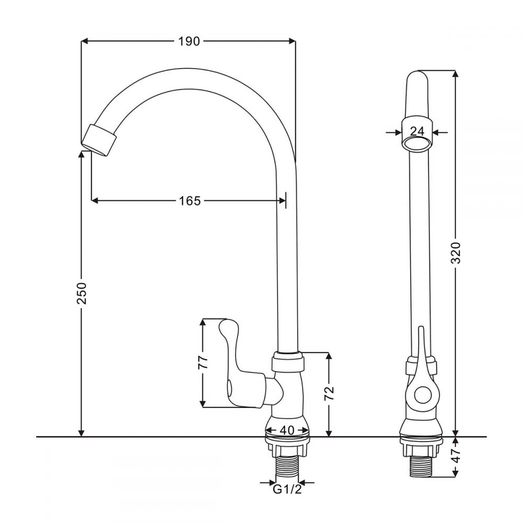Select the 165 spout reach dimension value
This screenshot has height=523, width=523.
pyautogui.click(x=189, y=200)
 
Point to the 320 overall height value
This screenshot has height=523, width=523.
pyautogui.click(x=456, y=252)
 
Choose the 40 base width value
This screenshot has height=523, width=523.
pyautogui.click(x=286, y=430)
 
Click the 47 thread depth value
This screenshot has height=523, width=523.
pyautogui.click(x=456, y=456)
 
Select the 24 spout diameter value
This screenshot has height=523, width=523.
pyautogui.click(x=417, y=131)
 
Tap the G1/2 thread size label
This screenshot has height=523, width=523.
pyautogui.click(x=287, y=490)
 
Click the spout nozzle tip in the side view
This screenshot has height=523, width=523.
pyautogui.click(x=99, y=139)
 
